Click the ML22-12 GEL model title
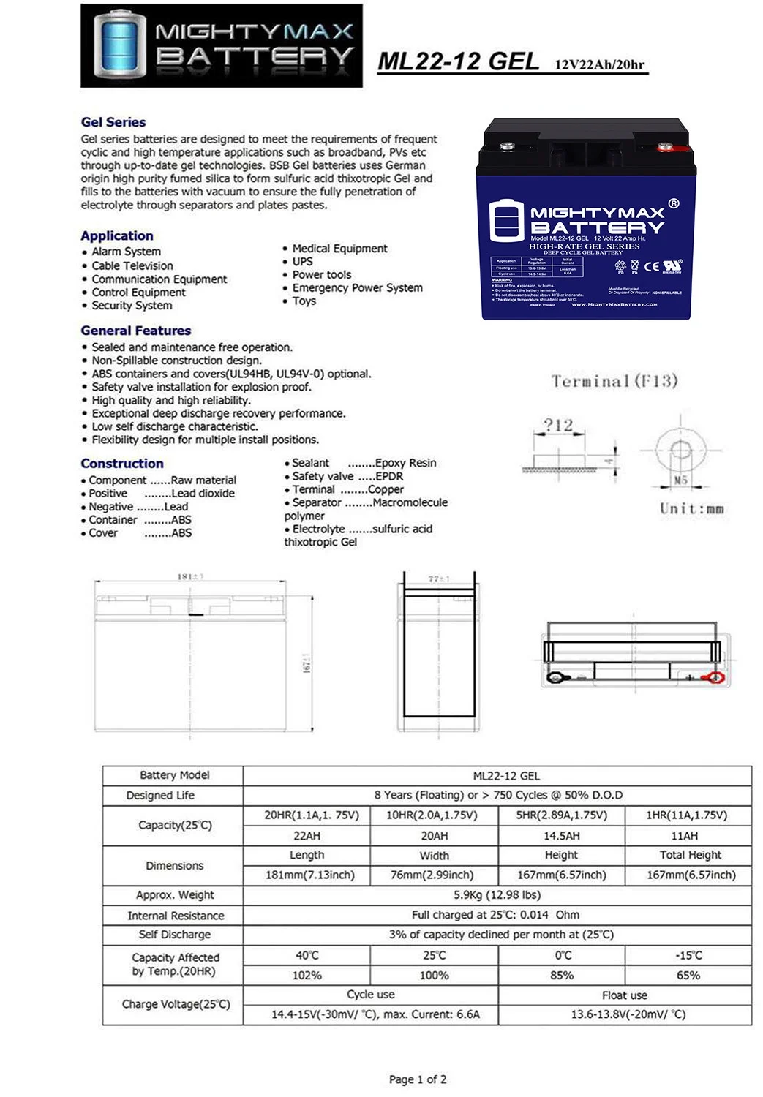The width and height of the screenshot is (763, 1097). tap(459, 61)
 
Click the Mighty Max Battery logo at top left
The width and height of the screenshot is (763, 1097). tap(221, 45)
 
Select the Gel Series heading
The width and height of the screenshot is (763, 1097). tap(113, 122)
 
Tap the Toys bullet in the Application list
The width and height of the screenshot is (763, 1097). tap(304, 301)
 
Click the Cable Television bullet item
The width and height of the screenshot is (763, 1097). tap(132, 265)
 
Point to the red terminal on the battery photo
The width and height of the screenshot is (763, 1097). tap(666, 148)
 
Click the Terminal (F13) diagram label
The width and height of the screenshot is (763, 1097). tap(614, 381)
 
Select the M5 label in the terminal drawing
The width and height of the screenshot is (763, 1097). tap(680, 480)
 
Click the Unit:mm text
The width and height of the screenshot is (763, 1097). tap(691, 508)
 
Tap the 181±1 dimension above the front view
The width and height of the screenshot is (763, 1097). tap(190, 577)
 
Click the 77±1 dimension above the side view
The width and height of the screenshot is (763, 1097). tap(438, 578)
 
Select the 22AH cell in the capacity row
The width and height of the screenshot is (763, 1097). tap(307, 835)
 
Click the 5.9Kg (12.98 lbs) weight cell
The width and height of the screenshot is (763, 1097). tap(497, 894)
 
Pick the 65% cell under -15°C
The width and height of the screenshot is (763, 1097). tap(688, 975)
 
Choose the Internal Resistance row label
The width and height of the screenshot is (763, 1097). tap(176, 915)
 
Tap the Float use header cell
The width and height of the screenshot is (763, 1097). tap(624, 995)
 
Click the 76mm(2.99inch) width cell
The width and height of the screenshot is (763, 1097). tap(434, 875)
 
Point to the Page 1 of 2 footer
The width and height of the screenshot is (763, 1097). tap(418, 1079)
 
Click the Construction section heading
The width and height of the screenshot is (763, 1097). tap(122, 463)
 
